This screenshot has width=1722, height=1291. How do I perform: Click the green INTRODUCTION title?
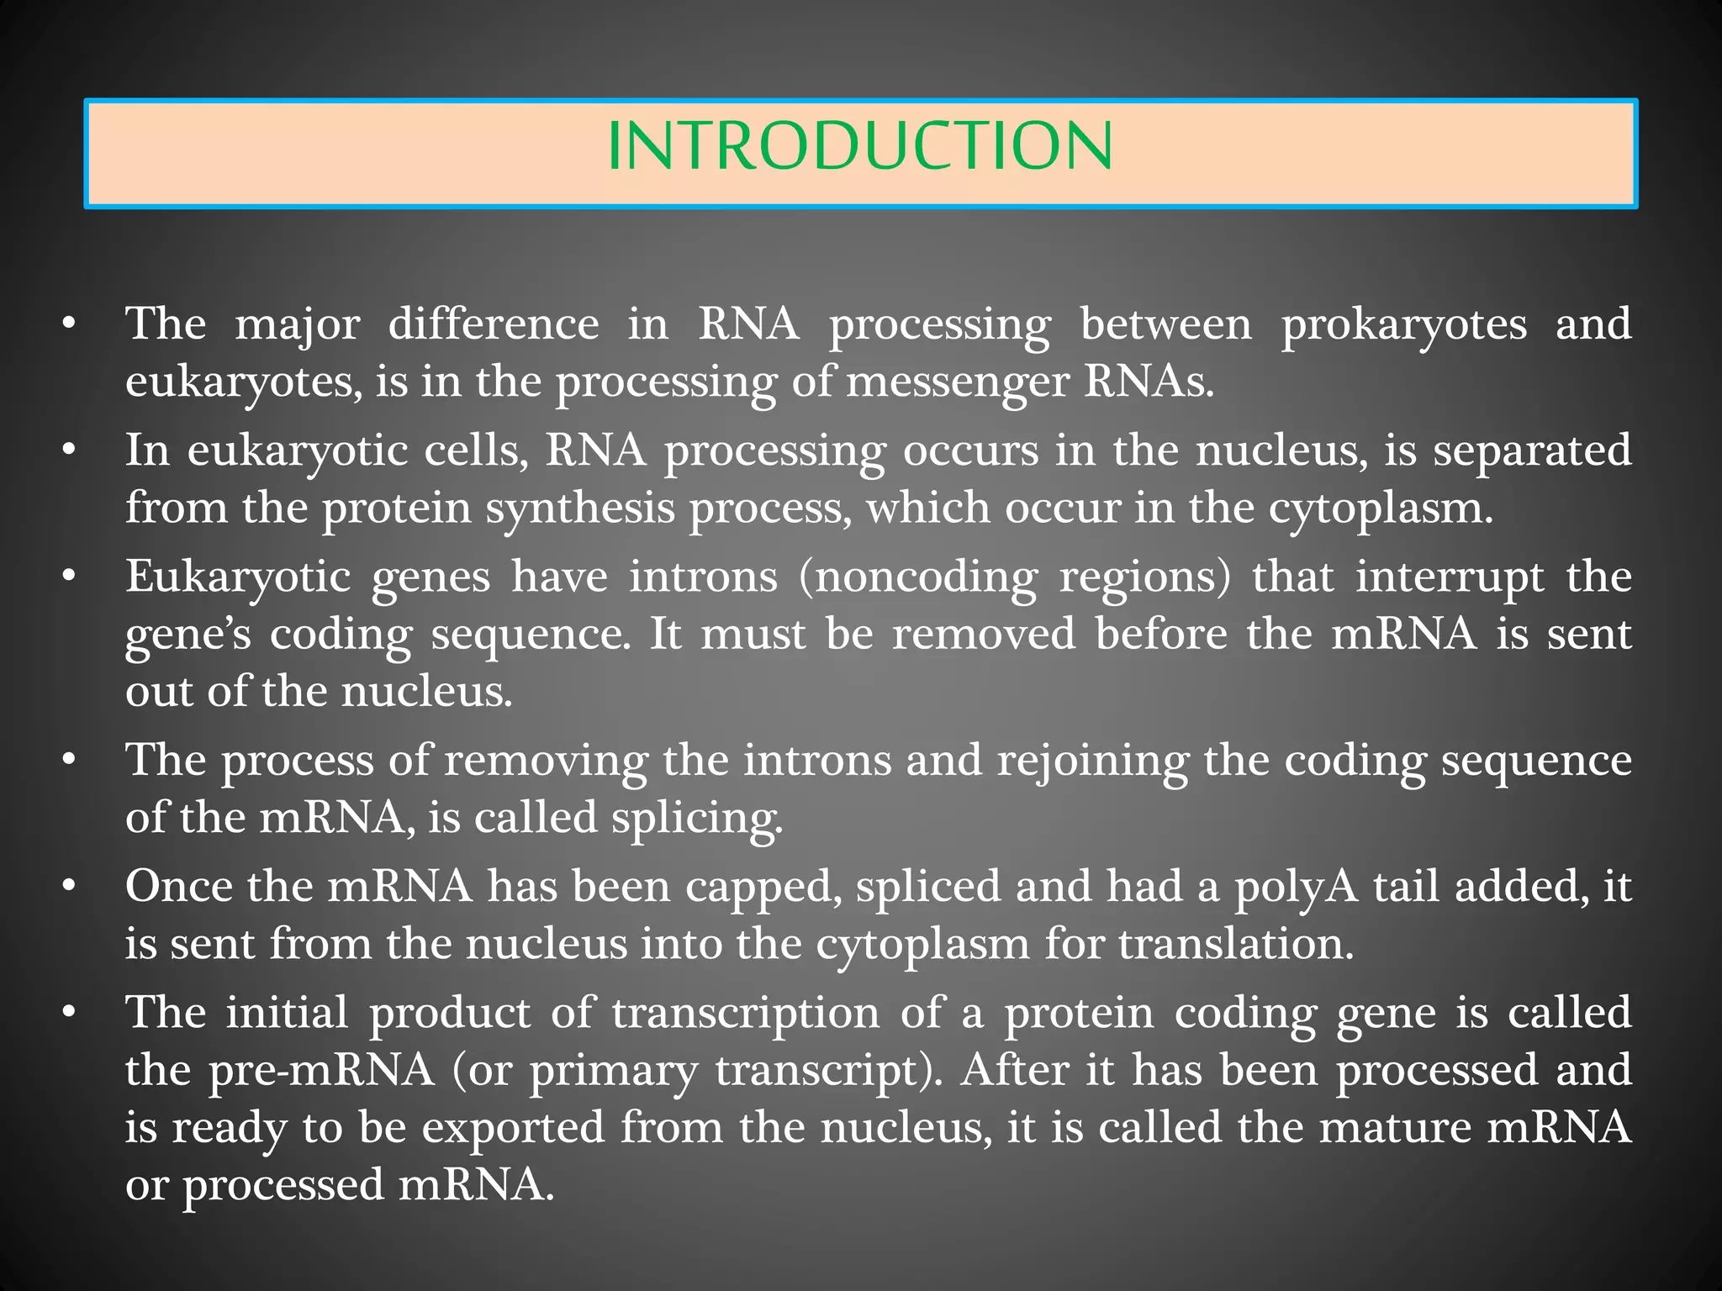coord(859,147)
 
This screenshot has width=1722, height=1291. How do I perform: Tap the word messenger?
coord(957,382)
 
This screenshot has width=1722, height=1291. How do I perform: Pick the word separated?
coord(1532,451)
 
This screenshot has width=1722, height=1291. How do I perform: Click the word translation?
coord(1235,944)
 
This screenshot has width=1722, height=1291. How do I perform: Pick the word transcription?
coord(746,1014)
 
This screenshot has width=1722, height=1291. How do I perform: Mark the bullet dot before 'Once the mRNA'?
coord(71,887)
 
